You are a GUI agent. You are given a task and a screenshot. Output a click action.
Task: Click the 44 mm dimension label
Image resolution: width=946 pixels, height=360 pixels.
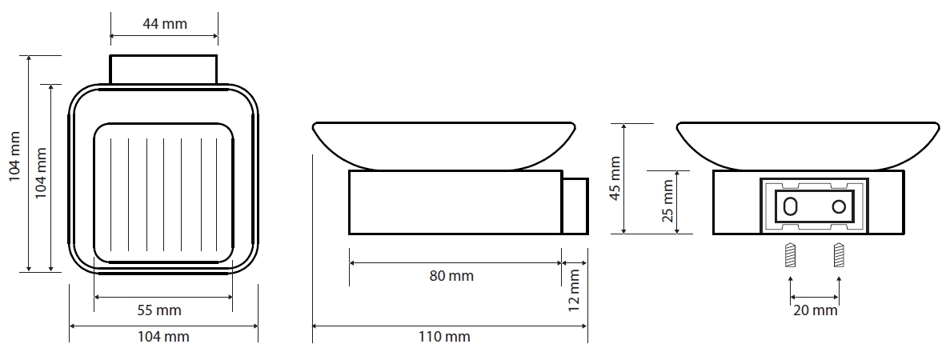point(165,24)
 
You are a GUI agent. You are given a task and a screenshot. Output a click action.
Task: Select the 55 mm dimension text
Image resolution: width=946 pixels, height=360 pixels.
point(159,310)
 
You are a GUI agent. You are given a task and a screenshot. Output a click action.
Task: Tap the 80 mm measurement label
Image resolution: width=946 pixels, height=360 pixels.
point(451,276)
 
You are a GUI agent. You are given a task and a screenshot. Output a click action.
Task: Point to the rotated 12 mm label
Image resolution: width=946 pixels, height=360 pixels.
point(574,290)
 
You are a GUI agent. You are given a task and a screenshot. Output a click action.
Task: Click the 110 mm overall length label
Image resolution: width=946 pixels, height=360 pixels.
point(445,337)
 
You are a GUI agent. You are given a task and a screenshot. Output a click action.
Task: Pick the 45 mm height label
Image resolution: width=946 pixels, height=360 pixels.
point(615,178)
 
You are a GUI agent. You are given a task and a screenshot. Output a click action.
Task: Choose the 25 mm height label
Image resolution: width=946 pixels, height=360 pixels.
point(667,201)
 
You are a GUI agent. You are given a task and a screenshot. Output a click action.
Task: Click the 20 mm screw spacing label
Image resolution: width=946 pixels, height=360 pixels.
point(815,310)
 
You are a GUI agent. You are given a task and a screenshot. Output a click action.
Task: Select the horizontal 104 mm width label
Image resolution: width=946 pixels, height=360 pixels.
point(163,337)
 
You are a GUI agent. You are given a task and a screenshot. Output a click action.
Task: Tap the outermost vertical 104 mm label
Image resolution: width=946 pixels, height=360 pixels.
point(16,156)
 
